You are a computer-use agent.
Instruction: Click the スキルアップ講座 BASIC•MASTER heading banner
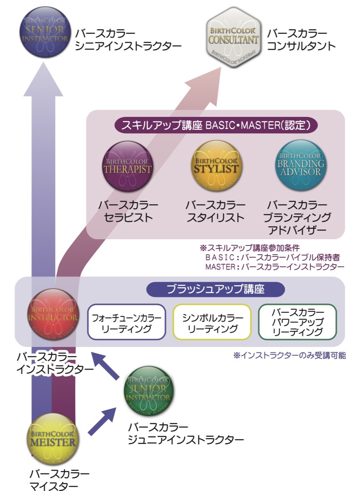[215, 125]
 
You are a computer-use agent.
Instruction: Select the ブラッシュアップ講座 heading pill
[215, 289]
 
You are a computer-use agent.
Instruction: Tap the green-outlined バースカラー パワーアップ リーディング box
[297, 322]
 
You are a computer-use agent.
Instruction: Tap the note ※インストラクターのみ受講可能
[289, 356]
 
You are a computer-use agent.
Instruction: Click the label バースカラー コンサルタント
[301, 40]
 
